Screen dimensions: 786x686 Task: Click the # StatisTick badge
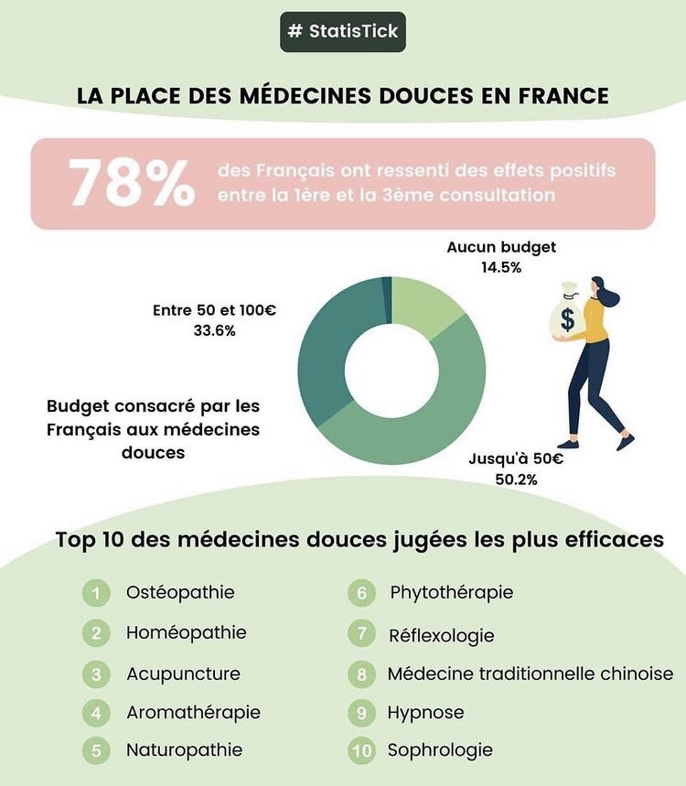click(342, 31)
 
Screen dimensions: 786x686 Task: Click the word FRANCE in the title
click(561, 96)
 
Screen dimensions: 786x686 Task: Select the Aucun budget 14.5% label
click(501, 257)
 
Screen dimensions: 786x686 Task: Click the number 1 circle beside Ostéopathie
click(95, 593)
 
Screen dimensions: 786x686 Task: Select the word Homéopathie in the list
click(186, 632)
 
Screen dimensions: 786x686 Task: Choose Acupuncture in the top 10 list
click(183, 673)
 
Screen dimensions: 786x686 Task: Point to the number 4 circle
click(95, 713)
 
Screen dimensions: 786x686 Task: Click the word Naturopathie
click(184, 750)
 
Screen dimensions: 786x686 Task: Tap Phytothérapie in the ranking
click(451, 593)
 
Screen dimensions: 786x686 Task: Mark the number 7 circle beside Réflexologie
click(362, 634)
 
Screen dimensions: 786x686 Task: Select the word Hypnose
click(425, 712)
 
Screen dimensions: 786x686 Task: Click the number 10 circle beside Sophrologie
click(362, 751)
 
